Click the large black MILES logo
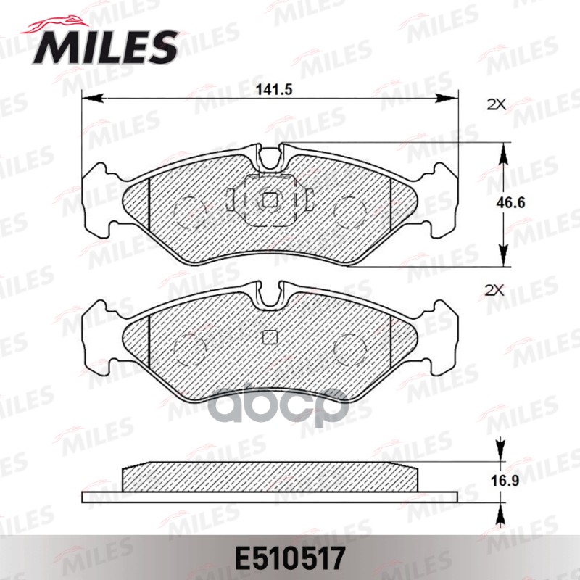pyautogui.click(x=101, y=45)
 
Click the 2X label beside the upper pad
pyautogui.click(x=495, y=104)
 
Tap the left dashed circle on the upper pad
pyautogui.click(x=191, y=209)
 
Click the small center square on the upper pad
pyautogui.click(x=270, y=199)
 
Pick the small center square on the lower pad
pyautogui.click(x=270, y=336)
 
